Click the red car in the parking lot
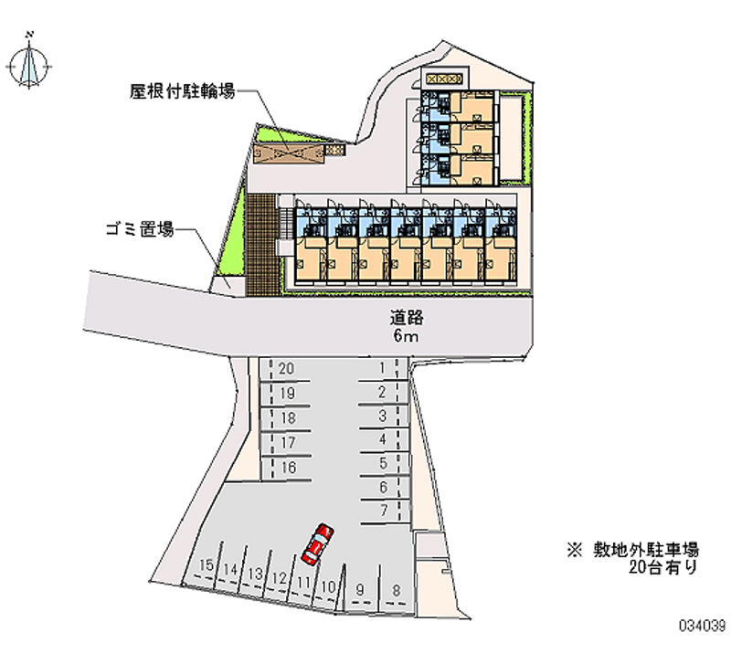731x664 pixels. (x=317, y=544)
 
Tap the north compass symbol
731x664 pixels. (x=29, y=64)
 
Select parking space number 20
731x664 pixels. (x=285, y=370)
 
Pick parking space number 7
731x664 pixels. (x=385, y=511)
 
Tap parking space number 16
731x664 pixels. (x=286, y=468)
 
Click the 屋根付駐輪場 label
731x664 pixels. (x=182, y=91)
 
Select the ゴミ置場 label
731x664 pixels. (x=140, y=229)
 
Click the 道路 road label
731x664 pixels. (x=407, y=318)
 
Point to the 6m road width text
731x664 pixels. (x=406, y=335)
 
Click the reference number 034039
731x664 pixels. (x=702, y=626)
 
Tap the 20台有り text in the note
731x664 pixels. (x=663, y=567)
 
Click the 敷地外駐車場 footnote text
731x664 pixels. (x=646, y=550)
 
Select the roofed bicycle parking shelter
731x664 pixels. (x=289, y=153)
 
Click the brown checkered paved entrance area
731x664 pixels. (x=261, y=245)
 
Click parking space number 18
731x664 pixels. (x=286, y=418)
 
